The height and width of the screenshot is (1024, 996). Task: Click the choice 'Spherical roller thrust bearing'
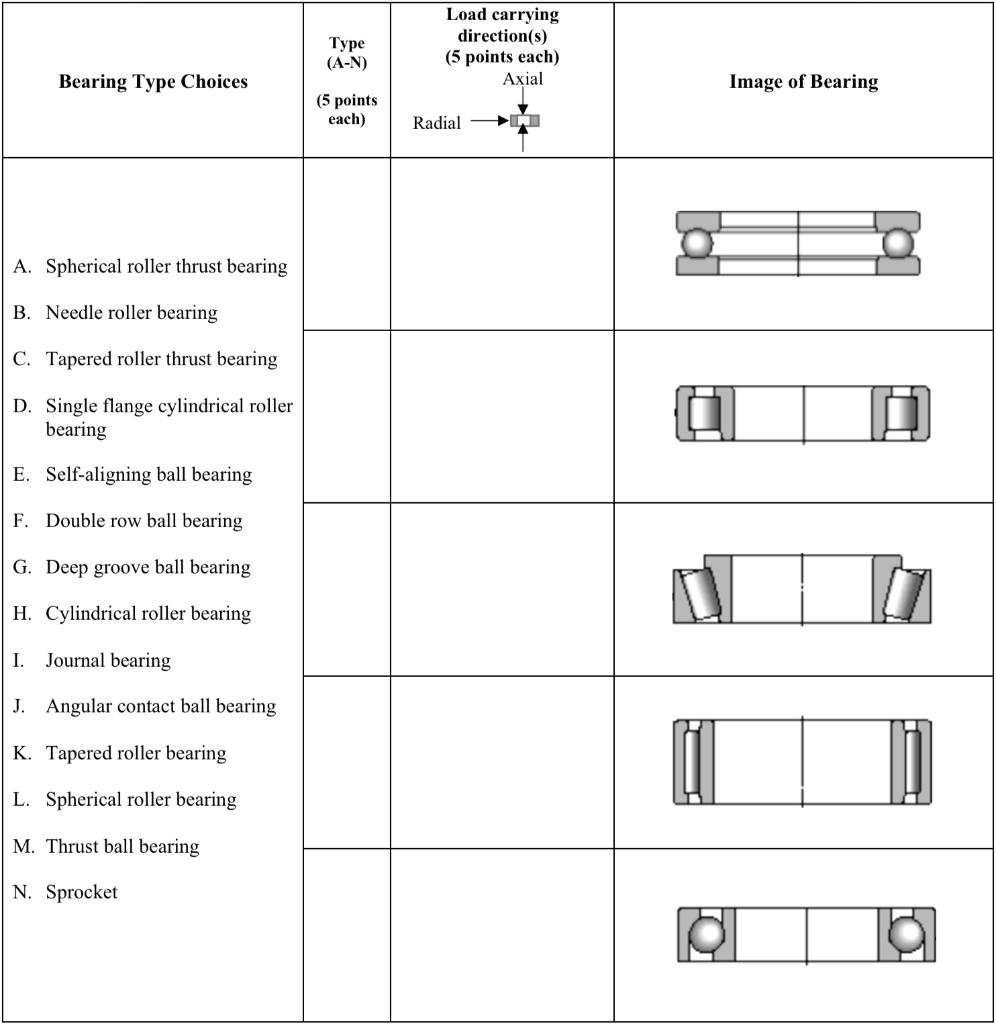[166, 267]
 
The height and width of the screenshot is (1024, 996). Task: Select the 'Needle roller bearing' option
[131, 313]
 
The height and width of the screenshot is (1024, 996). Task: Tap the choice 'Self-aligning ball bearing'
[148, 475]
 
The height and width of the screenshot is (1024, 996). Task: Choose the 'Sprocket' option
[81, 892]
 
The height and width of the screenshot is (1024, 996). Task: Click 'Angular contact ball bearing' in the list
[160, 707]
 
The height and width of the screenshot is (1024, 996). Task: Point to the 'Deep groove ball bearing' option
[148, 568]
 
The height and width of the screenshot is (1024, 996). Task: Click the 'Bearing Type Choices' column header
[153, 82]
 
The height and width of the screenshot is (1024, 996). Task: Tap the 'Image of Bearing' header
[803, 82]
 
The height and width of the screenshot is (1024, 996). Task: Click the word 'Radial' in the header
[437, 123]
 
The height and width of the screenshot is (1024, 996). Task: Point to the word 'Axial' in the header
[523, 79]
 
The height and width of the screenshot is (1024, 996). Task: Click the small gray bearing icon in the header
[525, 121]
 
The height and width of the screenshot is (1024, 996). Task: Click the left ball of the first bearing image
[696, 243]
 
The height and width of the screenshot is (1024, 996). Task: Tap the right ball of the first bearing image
[898, 243]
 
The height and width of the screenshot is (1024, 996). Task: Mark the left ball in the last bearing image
[707, 935]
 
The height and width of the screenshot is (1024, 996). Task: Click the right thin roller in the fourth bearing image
[911, 761]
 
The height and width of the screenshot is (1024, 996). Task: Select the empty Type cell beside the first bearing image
[346, 244]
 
